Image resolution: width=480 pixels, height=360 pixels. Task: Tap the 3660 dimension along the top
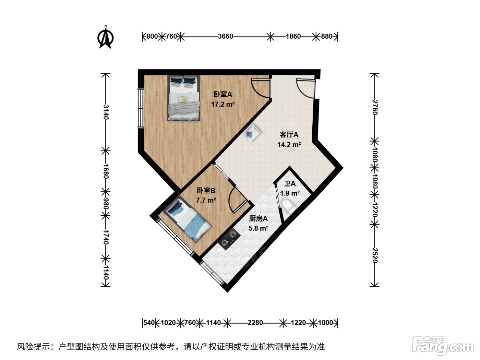point(226,36)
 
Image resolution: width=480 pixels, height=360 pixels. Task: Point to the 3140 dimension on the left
point(106,112)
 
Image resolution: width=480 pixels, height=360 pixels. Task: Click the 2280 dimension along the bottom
point(255,323)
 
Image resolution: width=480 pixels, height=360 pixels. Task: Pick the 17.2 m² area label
point(223,104)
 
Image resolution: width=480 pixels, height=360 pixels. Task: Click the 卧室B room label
point(206,191)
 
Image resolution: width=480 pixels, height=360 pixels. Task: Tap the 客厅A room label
point(289,135)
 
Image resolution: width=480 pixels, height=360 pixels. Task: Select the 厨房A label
point(258,219)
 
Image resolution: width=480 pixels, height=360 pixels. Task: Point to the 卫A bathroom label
point(290,184)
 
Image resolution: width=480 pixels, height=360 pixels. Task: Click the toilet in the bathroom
point(288,206)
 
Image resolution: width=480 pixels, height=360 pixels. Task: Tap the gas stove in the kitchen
point(229,239)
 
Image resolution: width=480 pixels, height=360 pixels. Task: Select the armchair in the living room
point(252,133)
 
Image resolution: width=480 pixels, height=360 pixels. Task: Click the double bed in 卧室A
point(184,98)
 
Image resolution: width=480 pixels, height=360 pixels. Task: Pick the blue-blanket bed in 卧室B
point(187,219)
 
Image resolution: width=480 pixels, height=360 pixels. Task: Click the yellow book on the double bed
point(183,99)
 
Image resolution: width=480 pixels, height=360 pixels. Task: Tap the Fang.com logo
point(443,346)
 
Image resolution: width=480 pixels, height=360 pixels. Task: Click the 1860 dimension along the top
point(293,36)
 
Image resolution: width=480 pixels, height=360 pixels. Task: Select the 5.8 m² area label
point(259,228)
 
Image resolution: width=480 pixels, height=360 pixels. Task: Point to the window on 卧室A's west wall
point(140,108)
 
